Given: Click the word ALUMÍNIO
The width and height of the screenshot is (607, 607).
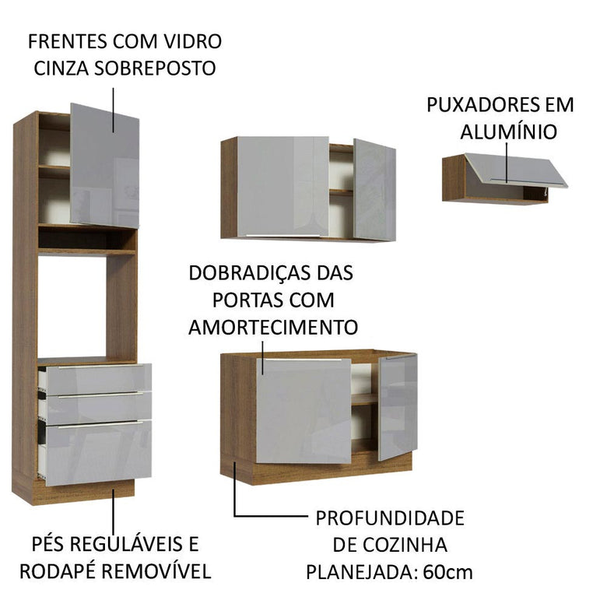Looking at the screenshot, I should click(x=508, y=132).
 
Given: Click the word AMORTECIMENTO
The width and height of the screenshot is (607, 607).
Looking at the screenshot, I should click(x=273, y=326).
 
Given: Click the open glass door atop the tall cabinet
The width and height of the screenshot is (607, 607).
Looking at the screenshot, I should click(x=104, y=165).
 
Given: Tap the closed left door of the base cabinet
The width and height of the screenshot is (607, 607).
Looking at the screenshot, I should click(x=303, y=411).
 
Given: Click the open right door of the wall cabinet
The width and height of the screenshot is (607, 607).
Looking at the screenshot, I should click(x=374, y=189).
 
